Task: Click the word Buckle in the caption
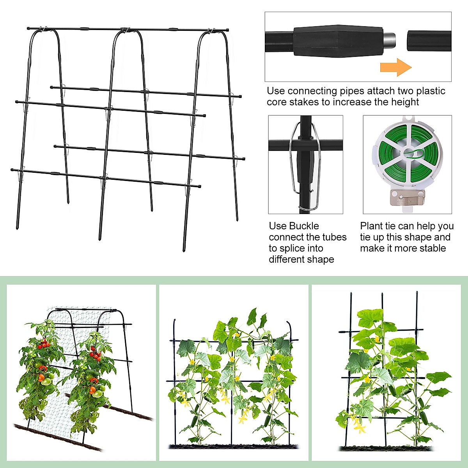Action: click(x=304, y=226)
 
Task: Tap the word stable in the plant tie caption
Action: click(x=433, y=248)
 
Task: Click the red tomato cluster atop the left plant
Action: click(x=44, y=344)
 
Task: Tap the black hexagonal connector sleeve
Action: click(x=337, y=40)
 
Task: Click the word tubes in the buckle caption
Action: click(x=334, y=237)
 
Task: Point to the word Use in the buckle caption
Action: click(x=278, y=226)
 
